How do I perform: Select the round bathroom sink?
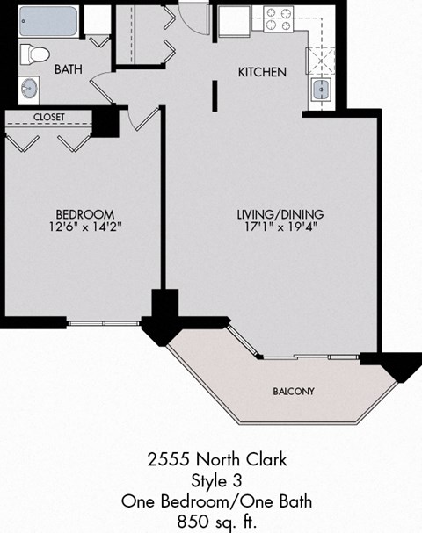(29, 88)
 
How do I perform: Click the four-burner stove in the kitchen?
(278, 19)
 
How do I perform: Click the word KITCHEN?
(262, 72)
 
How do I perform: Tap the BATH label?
(69, 69)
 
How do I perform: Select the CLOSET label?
(49, 117)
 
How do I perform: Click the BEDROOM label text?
(85, 214)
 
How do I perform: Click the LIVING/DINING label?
(280, 214)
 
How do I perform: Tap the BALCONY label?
(294, 391)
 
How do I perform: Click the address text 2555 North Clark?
(216, 459)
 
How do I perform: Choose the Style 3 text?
(216, 480)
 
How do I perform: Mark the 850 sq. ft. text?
(216, 522)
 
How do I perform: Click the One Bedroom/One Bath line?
(216, 501)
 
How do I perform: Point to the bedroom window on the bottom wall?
(103, 323)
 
